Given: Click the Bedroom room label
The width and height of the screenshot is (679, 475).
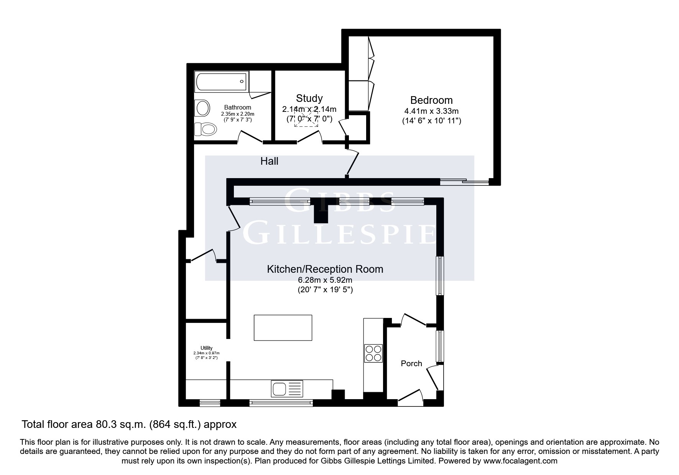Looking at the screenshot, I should pos(431,100).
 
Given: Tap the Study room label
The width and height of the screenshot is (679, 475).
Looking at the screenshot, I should pos(309,98).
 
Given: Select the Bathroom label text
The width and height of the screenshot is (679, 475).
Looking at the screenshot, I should pos(238,108).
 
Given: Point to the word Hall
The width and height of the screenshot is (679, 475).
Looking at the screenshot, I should pos(269,161).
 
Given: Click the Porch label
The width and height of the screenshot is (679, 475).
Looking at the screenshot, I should pos(411,364).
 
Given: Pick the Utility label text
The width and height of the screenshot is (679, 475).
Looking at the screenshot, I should pos(206,348).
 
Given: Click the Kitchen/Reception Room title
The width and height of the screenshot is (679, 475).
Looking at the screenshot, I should pos(325,269).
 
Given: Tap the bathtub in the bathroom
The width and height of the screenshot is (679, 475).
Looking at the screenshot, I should pos(221,81).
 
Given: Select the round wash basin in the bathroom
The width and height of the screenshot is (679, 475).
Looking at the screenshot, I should pos(202,108).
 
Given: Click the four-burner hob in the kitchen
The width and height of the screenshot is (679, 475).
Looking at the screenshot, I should pos(373,353).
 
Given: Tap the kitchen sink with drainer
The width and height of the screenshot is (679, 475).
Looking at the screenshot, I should pos(287,388).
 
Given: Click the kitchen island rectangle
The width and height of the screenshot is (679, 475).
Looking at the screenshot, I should pos(283,328).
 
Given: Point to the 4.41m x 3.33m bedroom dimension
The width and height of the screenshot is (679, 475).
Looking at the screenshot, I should pos(431,111).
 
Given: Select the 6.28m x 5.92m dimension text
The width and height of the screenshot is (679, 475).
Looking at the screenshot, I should pos(325,280).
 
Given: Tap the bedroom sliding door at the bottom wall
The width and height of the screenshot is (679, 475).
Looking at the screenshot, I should pos(464,182).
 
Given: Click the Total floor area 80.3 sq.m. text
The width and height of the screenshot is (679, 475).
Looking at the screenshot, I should pos(129,424).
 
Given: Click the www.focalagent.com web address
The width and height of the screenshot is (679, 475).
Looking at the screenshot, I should pos(520,461).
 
